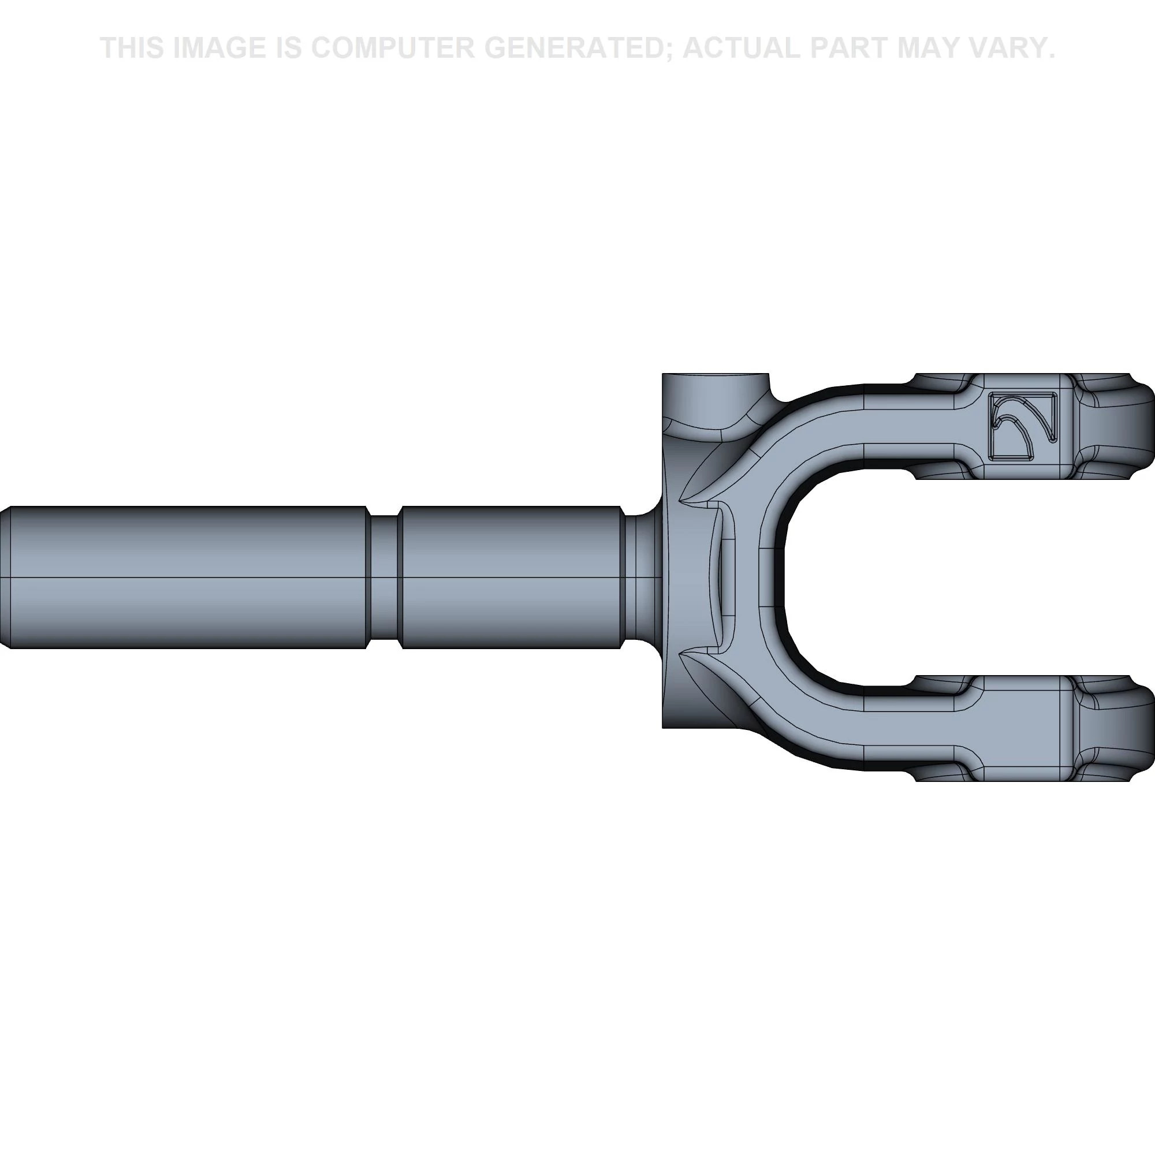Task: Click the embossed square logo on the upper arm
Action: point(1023,427)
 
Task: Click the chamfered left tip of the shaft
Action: point(5,577)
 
